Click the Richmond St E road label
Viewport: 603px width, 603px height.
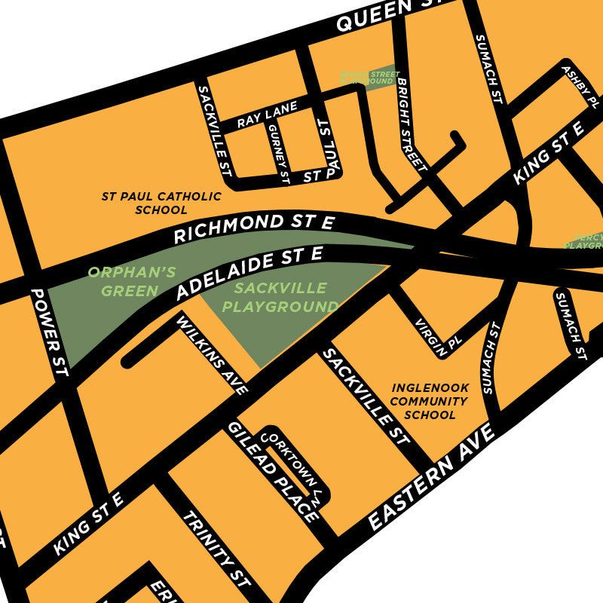pos(253,228)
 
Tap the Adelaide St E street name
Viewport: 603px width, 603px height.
pos(249,272)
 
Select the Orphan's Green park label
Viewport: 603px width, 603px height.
pos(123,281)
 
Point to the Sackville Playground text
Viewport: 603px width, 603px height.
pos(280,298)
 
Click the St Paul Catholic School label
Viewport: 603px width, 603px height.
pos(161,203)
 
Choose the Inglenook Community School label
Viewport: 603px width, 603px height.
pos(430,401)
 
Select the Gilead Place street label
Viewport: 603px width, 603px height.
pos(274,472)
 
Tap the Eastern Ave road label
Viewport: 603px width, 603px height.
pos(431,479)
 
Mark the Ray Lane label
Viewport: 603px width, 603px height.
pos(267,115)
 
